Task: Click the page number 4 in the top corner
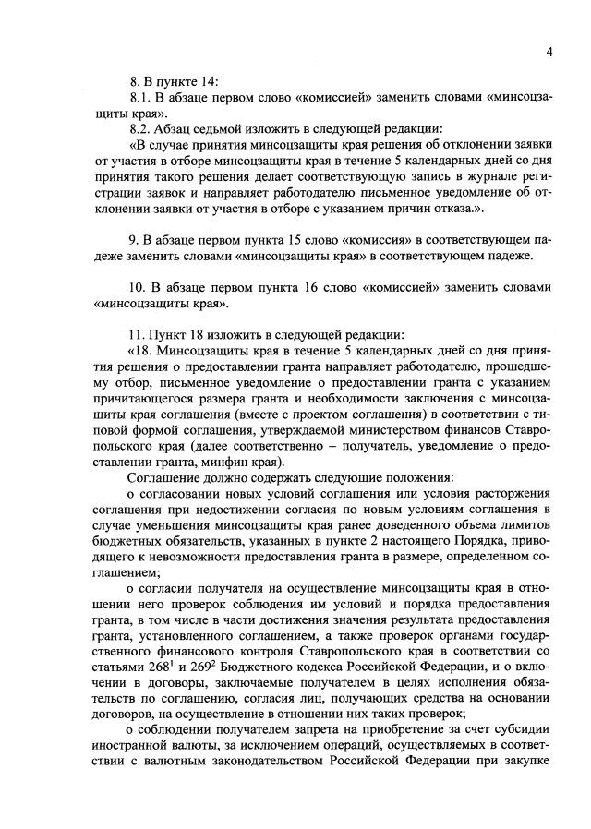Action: click(x=549, y=52)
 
